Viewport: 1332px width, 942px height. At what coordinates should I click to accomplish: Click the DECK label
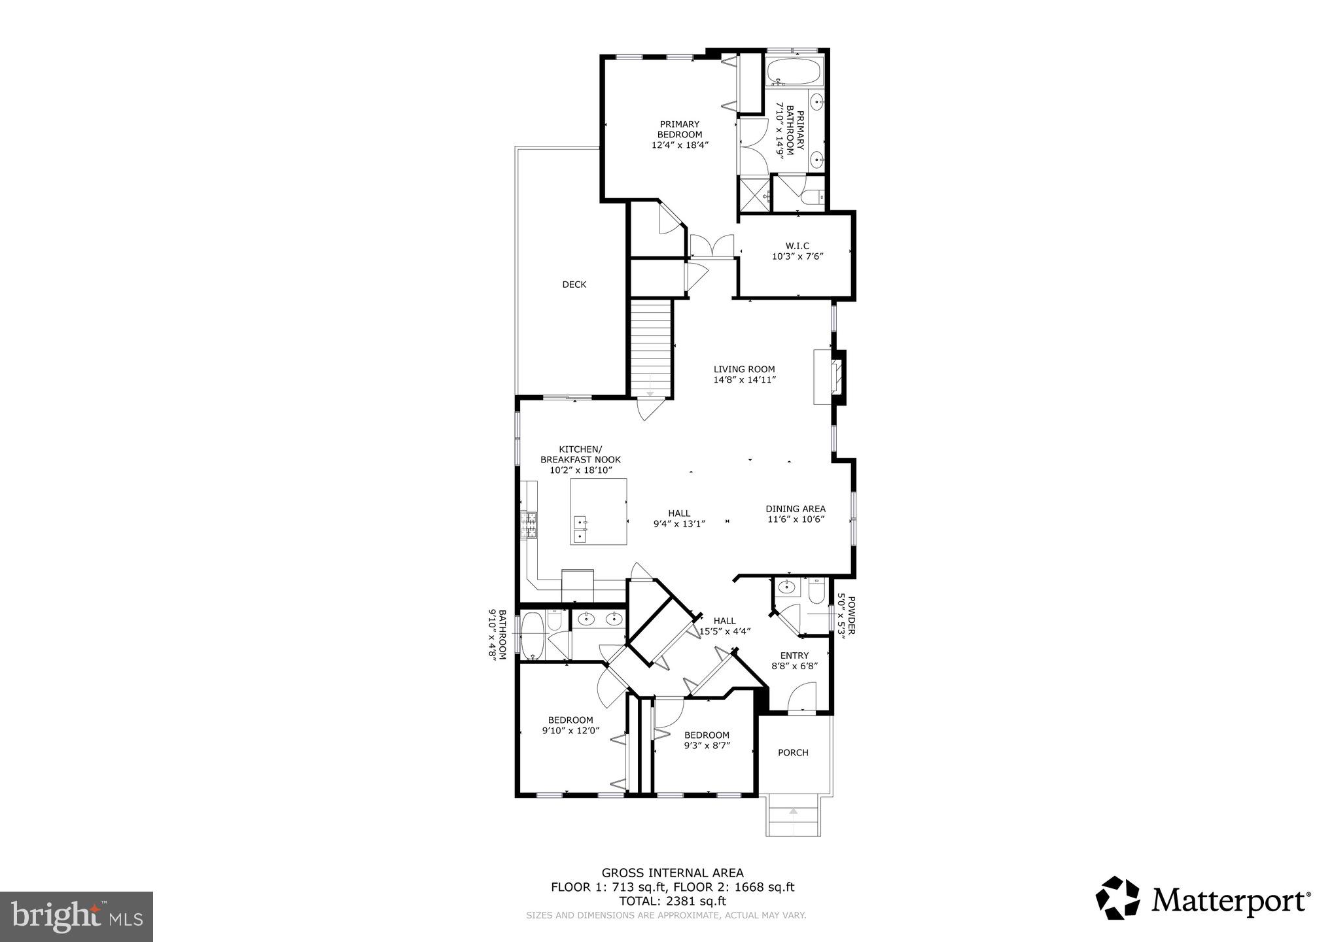click(x=574, y=285)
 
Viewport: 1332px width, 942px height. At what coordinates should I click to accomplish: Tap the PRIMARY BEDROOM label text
click(x=680, y=130)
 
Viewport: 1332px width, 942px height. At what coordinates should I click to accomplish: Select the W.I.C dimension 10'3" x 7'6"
click(x=797, y=257)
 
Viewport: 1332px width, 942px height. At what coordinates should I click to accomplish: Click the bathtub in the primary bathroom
click(x=792, y=72)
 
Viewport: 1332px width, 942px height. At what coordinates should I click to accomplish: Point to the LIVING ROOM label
click(x=744, y=369)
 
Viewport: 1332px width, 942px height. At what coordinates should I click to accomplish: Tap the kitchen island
click(x=598, y=512)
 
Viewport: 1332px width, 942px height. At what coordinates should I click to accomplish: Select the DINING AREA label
click(x=796, y=508)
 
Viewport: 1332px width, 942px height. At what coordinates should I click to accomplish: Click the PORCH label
click(x=793, y=753)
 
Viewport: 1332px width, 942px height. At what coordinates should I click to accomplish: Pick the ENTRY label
click(x=794, y=655)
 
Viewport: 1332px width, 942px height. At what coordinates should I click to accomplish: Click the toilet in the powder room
click(x=816, y=592)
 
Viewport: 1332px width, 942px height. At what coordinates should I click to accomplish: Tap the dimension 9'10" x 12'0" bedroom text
click(x=570, y=731)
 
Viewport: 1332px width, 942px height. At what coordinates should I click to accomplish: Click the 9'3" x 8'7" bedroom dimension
click(x=707, y=745)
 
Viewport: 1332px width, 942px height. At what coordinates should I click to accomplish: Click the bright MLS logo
click(x=77, y=916)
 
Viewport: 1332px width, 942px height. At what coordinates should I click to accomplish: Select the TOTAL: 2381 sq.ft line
click(x=672, y=900)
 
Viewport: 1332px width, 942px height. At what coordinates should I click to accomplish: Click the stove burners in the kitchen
click(x=529, y=525)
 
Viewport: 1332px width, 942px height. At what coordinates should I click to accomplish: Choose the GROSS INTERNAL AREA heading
click(x=672, y=873)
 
